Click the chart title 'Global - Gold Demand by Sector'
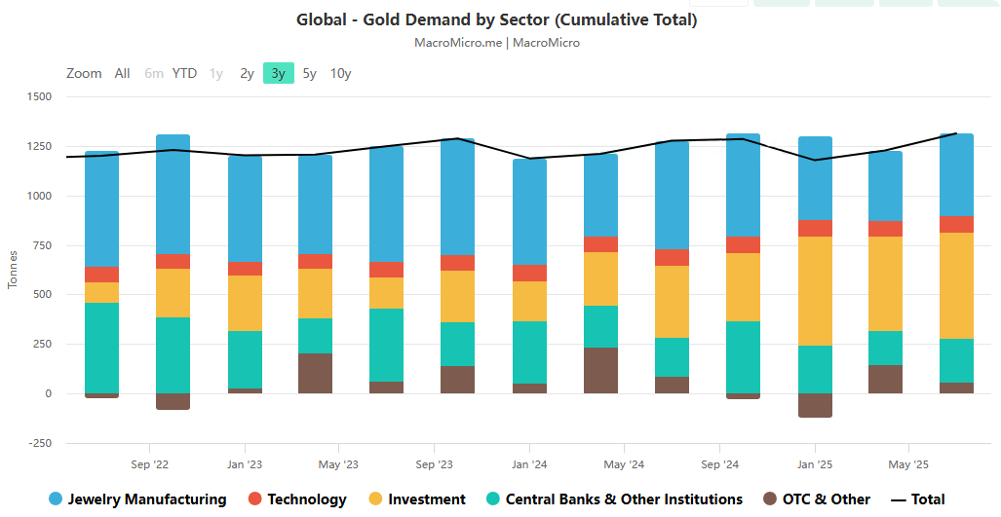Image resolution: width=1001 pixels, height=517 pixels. coord(496,19)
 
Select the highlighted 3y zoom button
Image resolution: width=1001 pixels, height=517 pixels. coord(278,73)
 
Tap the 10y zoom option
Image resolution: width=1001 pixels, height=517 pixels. coord(340,73)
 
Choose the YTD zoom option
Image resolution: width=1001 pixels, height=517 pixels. coord(184,73)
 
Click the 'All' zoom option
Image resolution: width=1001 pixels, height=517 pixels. coord(122,73)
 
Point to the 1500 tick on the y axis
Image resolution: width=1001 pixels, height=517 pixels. coord(40,96)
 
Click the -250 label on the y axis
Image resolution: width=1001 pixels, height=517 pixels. coord(40,443)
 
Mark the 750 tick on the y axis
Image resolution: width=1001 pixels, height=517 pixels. coord(40,245)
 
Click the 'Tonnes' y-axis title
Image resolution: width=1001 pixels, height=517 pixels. coord(13,270)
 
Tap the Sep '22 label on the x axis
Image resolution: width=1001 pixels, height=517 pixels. coord(150,464)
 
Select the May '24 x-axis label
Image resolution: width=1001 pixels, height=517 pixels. coord(624,464)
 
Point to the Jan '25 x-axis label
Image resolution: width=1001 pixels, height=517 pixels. coord(814,464)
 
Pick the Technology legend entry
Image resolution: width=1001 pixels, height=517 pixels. coord(306,499)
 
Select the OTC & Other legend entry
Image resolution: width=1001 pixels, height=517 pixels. coord(826,499)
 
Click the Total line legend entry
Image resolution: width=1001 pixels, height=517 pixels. coord(927,499)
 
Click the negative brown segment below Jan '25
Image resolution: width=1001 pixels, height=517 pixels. coord(815,405)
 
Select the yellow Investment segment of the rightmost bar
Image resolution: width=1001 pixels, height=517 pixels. coord(956,285)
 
